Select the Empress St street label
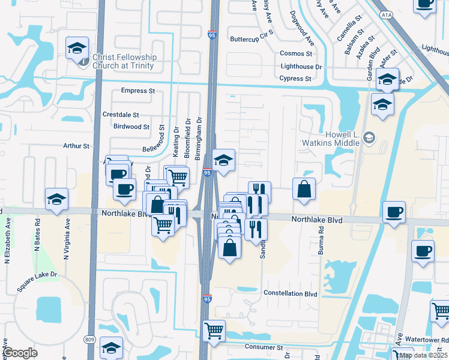(138, 91)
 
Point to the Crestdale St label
(121, 115)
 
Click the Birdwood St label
(131, 127)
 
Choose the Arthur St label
(76, 146)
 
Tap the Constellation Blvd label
(290, 294)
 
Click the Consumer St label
(264, 347)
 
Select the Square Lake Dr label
(37, 282)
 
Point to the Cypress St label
(295, 79)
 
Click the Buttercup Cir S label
(252, 39)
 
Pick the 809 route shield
(90, 340)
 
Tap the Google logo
(20, 353)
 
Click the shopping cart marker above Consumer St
(214, 330)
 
